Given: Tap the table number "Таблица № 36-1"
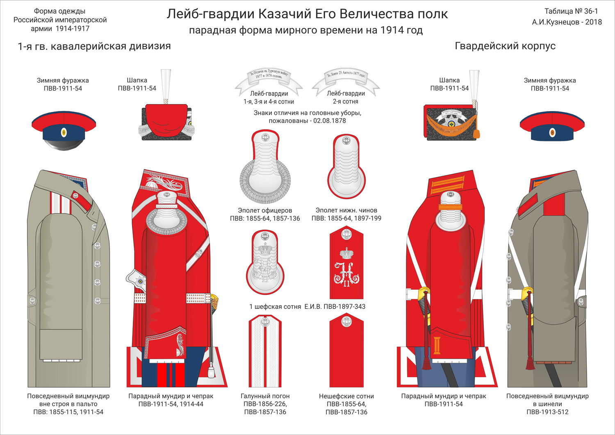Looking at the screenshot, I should pos(571,11).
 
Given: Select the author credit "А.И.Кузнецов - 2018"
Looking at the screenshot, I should pos(567,22).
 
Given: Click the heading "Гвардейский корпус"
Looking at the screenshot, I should pos(505,46).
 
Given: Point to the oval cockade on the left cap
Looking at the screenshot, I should pos(64,132).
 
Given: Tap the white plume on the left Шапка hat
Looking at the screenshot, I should pos(166,84).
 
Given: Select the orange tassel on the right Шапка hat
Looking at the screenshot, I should pos(477,133).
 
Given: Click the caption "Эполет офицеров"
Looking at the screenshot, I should pos(265,210).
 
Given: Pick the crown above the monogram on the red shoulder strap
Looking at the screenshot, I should pos(347,252).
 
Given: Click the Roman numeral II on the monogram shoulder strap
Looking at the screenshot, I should pos(346,283).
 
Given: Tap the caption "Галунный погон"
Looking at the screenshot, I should pos(265,396).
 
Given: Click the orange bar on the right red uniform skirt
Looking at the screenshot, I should pos(437,345).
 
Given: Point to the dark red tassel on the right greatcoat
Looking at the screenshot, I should pos(530,361).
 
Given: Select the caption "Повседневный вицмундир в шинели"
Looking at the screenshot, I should pos(547,400).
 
